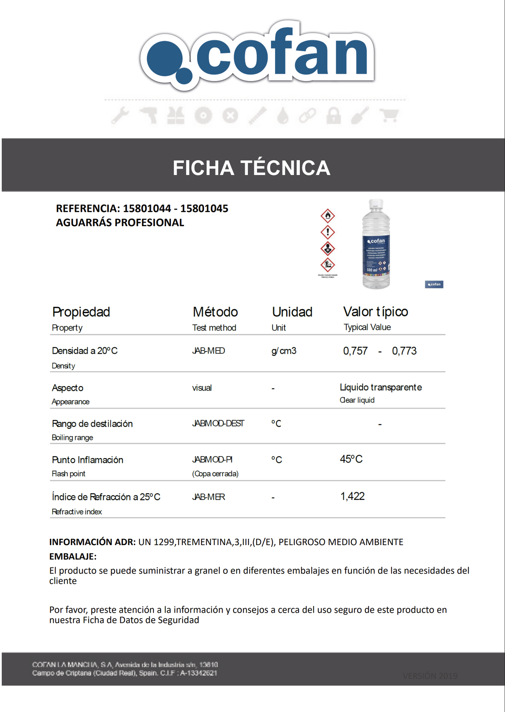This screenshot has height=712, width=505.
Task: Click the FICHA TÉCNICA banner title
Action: click(251, 168)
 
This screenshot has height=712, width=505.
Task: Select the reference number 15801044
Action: click(147, 208)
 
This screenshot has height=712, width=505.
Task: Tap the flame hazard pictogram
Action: click(328, 215)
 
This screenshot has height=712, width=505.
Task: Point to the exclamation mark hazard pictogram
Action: click(328, 232)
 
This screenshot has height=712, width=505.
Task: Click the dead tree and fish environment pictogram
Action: click(328, 265)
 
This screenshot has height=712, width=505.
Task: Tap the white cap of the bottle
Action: click(376, 203)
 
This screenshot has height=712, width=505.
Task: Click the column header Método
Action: click(215, 312)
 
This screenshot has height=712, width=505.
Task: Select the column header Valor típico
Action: click(376, 312)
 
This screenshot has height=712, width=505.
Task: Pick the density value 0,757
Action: click(355, 351)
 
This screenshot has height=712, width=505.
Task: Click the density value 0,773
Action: click(404, 351)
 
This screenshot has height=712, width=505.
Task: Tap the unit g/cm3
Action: click(284, 351)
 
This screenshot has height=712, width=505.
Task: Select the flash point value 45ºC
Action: click(351, 459)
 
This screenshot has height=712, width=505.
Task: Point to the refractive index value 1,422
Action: click(352, 496)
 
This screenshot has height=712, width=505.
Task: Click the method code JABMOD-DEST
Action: click(218, 423)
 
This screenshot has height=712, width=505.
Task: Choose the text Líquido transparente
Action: click(381, 387)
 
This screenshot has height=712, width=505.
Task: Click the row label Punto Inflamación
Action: click(88, 460)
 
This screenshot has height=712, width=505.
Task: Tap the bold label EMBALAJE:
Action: click(73, 556)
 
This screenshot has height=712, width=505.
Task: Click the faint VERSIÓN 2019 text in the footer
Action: click(430, 676)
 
